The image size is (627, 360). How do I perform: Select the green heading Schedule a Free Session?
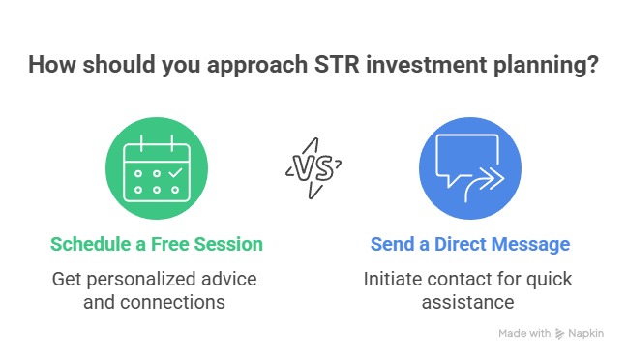point(157,244)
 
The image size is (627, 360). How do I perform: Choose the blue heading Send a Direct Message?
point(469,244)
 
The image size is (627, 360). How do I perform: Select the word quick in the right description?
point(549,280)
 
